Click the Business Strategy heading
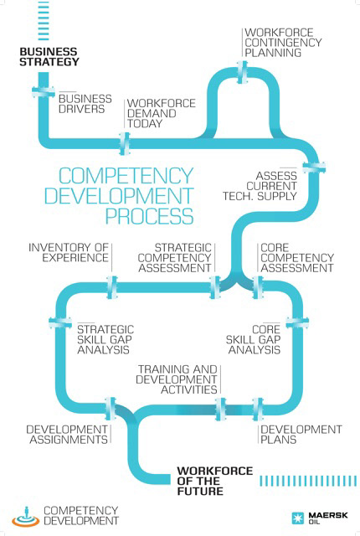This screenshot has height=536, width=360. click(49, 57)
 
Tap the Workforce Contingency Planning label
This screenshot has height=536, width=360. click(283, 43)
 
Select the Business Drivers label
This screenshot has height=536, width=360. click(85, 104)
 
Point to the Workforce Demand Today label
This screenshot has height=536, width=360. click(162, 113)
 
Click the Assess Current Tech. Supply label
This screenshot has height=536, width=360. click(260, 186)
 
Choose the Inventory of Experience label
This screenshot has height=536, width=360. click(69, 252)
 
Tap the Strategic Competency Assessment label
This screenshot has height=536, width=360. click(174, 258)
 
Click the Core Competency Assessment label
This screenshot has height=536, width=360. click(297, 258)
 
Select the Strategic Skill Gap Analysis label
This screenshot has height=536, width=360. click(105, 339)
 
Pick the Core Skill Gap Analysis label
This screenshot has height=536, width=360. click(253, 339)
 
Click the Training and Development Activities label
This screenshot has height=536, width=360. click(177, 379)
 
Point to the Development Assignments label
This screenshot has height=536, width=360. click(67, 434)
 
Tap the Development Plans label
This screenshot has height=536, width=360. click(301, 434)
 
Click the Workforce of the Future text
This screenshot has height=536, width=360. click(215, 481)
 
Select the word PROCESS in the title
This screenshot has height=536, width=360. click(149, 216)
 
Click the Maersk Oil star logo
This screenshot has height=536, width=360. click(297, 518)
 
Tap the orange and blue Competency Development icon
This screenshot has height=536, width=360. click(26, 516)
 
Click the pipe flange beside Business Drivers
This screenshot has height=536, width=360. click(44, 90)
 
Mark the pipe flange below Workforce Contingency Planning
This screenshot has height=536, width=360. click(242, 72)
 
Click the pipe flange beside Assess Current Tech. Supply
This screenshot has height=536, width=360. click(314, 167)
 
